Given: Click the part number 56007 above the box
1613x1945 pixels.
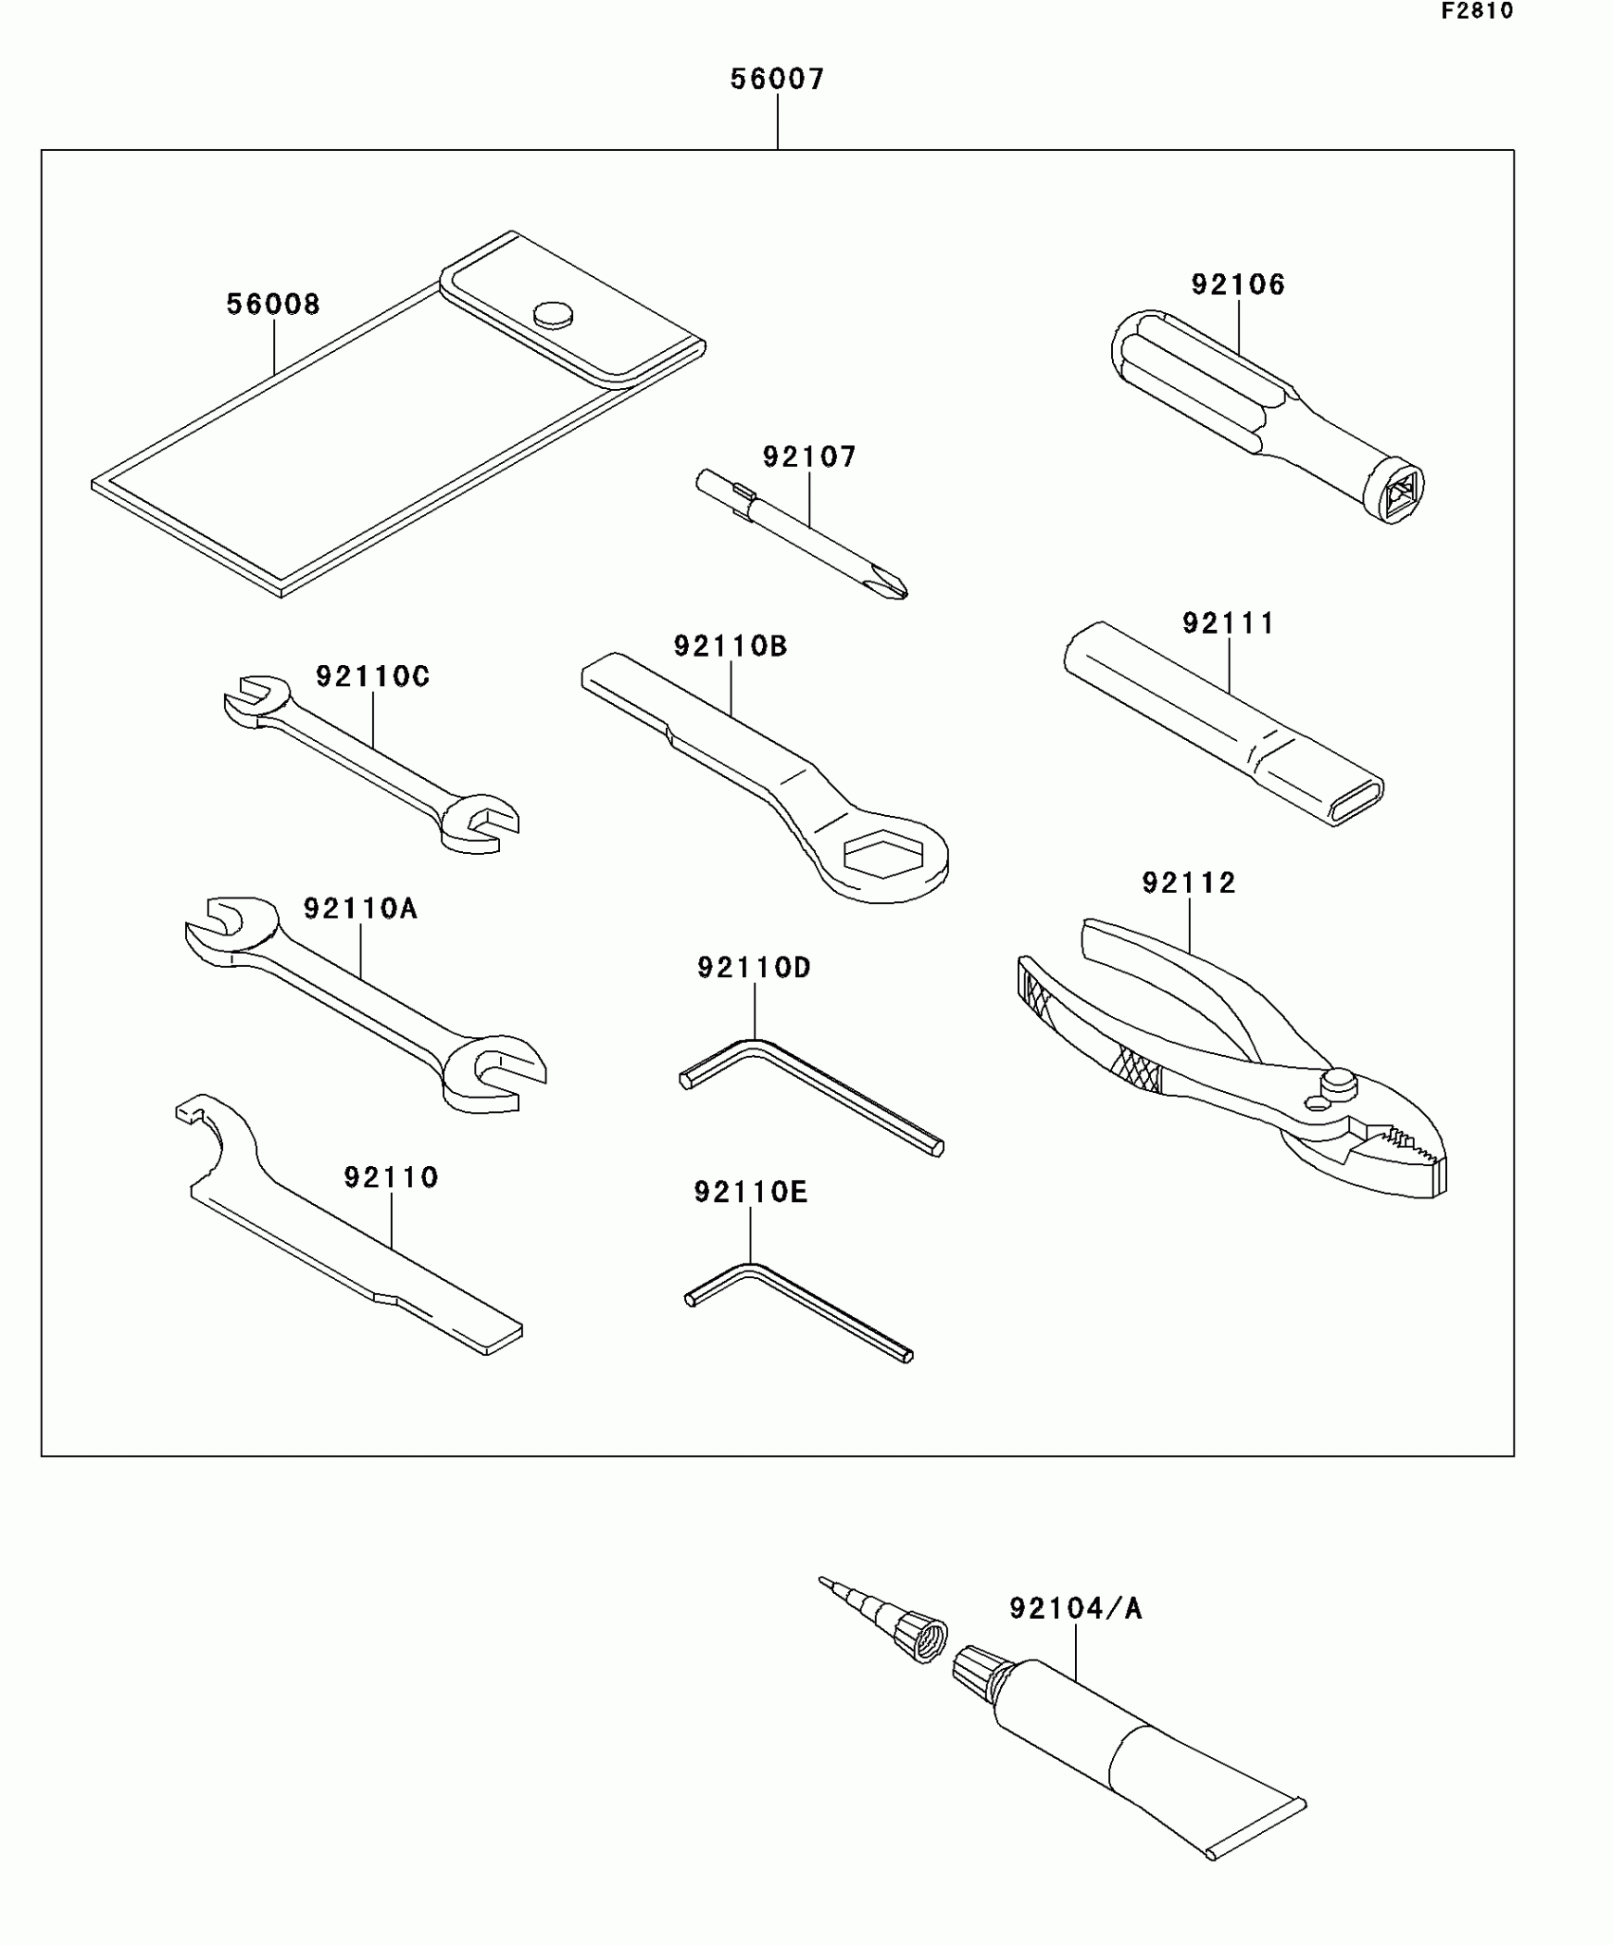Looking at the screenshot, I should [777, 79].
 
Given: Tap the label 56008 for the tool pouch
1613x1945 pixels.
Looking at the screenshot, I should [273, 305].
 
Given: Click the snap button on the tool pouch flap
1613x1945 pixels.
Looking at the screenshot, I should [553, 314].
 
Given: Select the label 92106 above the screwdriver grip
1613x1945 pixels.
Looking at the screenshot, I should [1238, 285].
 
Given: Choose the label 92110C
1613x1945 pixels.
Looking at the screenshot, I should [373, 676].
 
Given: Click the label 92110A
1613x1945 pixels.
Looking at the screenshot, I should [361, 909].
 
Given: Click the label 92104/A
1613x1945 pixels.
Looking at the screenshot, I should [1076, 1608].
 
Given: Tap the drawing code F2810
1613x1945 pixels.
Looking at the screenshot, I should [1476, 11].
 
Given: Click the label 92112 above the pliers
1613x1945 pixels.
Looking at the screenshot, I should [1189, 883].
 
